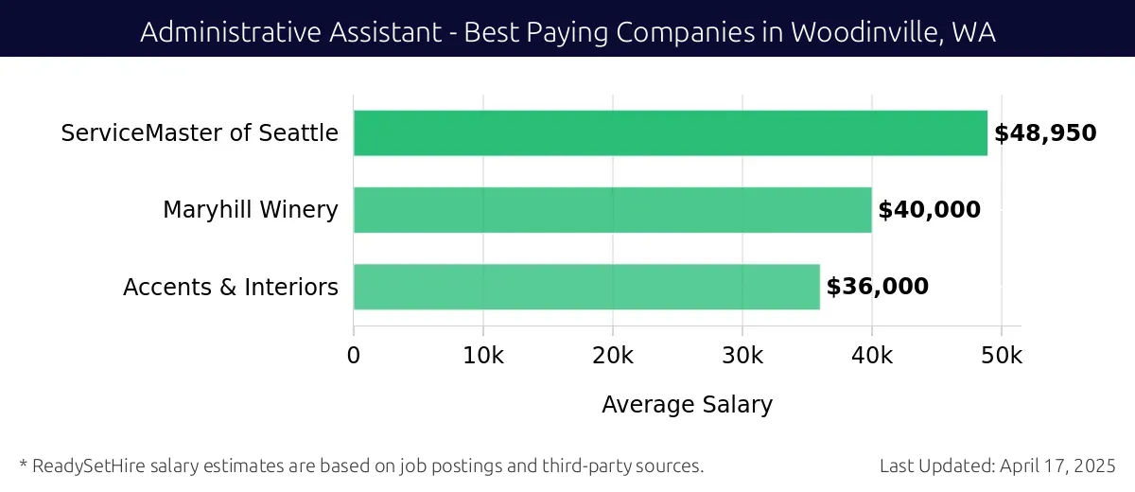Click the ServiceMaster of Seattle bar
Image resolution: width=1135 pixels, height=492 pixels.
coord(670,132)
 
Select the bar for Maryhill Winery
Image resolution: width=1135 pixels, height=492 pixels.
coord(612,210)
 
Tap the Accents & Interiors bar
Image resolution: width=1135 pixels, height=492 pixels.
coord(586,287)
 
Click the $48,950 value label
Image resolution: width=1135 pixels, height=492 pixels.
coord(1045,133)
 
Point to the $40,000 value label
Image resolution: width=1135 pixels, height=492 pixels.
coord(929,210)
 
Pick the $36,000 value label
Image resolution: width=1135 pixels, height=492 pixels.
coord(877,287)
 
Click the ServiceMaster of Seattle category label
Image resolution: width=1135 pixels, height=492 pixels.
coord(200,133)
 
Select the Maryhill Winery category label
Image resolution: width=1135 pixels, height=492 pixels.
coord(250,210)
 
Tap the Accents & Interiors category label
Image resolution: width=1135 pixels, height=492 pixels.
coord(230,287)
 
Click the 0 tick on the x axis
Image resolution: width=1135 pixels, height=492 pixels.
coord(354,356)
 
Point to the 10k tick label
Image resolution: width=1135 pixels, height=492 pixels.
coord(483,356)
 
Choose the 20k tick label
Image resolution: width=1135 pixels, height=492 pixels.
coord(613,356)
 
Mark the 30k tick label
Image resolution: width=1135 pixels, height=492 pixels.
coord(742,356)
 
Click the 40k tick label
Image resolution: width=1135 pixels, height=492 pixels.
coord(872,356)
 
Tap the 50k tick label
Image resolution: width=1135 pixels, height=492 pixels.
coord(1002,356)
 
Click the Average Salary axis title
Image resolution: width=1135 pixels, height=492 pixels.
coord(687,405)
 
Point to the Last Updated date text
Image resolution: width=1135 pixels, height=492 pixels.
coord(997,466)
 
